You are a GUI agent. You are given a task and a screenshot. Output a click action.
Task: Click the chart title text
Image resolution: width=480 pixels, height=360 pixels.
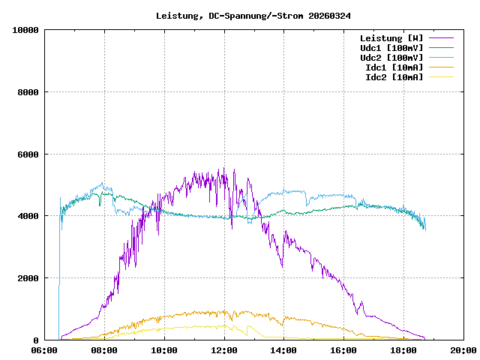[253, 16]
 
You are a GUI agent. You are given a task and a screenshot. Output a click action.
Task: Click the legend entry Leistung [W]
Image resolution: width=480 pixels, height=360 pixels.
[391, 38]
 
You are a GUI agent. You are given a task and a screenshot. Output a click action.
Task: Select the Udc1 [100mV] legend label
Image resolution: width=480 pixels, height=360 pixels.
[391, 48]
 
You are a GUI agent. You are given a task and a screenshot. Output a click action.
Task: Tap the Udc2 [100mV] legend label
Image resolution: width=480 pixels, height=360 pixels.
[391, 58]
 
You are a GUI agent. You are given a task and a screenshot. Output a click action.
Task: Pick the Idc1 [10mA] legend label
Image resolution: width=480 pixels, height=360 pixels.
[394, 67]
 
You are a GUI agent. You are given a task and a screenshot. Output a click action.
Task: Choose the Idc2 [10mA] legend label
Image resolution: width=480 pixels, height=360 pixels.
[394, 77]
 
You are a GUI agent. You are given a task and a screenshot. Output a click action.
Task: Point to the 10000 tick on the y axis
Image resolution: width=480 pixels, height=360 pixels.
[26, 30]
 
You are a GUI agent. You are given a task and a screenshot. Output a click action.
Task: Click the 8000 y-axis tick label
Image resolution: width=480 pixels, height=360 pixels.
[28, 92]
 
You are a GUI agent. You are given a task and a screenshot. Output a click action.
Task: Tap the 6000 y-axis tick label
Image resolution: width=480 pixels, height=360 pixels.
[28, 154]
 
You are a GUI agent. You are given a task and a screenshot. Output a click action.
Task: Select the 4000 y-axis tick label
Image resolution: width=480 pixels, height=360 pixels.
[28, 217]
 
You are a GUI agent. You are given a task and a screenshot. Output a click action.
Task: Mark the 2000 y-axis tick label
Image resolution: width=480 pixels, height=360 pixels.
[28, 278]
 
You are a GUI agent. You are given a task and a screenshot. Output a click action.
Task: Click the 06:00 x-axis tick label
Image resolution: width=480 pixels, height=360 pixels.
[44, 350]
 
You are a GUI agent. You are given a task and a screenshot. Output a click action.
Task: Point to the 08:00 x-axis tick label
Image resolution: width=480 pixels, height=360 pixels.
[104, 350]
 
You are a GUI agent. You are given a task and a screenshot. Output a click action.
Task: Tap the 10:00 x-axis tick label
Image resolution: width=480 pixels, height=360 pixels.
[164, 350]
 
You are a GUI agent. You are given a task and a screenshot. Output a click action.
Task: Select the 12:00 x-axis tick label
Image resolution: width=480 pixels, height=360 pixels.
[224, 350]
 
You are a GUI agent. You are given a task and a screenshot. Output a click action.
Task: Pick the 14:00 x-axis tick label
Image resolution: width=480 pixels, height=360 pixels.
[284, 350]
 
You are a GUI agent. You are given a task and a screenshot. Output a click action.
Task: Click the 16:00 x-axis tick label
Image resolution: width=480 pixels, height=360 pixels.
[344, 350]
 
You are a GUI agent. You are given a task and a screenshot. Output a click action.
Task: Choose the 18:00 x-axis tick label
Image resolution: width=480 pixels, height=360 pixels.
[404, 350]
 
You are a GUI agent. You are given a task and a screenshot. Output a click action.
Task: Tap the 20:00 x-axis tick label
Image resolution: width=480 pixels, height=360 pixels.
[463, 350]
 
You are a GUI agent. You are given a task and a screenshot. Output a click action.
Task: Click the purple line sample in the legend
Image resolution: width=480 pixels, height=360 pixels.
[442, 38]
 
